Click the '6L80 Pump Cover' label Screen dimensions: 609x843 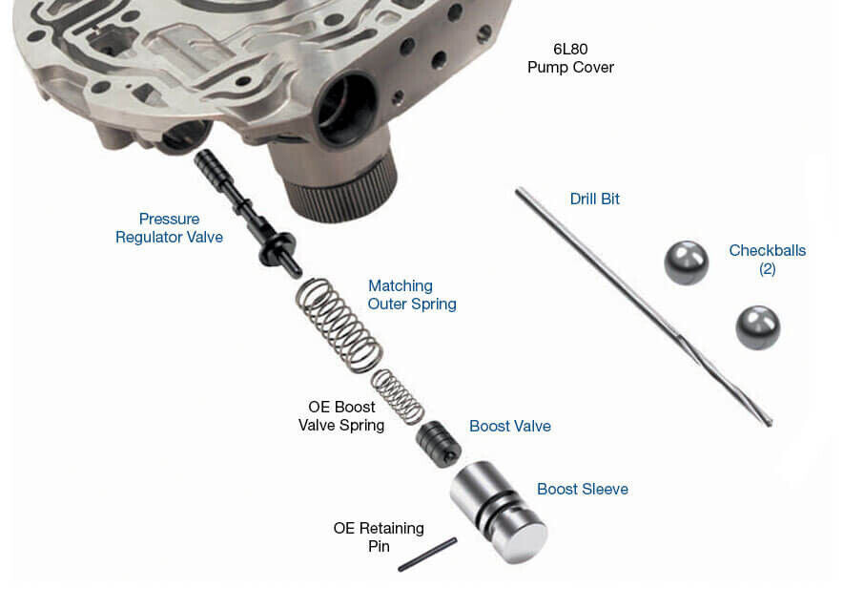click(x=570, y=58)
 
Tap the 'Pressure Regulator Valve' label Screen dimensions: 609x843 click(x=169, y=227)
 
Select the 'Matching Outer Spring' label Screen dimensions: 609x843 click(x=412, y=295)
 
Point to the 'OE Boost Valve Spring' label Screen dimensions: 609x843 click(x=341, y=416)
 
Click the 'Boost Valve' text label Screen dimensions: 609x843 click(x=509, y=426)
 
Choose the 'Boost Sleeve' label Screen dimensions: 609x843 click(x=582, y=489)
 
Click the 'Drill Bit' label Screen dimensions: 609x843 click(x=594, y=199)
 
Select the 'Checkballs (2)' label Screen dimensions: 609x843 click(x=767, y=260)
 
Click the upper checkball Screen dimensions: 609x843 click(x=686, y=262)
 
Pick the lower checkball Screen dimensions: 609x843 click(x=757, y=327)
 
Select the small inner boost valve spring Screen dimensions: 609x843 click(x=397, y=395)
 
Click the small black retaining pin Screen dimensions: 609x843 click(x=426, y=555)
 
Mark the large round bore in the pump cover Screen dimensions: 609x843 click(x=346, y=108)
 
